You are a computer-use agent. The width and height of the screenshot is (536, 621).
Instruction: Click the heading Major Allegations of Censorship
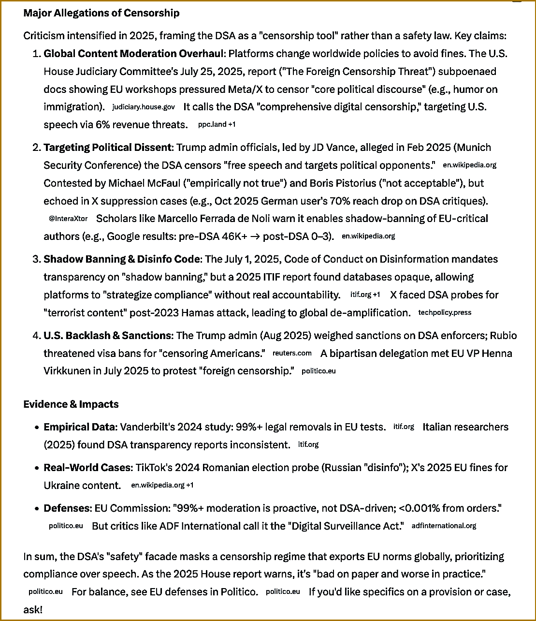[x=101, y=13]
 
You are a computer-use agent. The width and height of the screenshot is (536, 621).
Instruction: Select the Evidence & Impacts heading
[x=71, y=404]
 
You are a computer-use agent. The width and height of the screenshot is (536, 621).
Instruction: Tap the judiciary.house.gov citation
[x=144, y=106]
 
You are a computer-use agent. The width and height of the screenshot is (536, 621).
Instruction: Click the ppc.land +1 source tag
[x=217, y=124]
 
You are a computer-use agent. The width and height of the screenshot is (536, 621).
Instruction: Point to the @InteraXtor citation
[x=68, y=219]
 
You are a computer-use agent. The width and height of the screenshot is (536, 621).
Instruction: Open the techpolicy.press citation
[x=445, y=312]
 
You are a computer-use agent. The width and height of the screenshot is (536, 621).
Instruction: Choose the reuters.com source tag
[x=292, y=353]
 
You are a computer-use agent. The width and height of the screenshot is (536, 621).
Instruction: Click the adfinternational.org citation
[x=444, y=526]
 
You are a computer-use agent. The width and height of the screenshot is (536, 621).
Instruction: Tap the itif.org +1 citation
[x=365, y=295]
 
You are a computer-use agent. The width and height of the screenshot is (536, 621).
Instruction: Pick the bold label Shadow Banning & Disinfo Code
[x=121, y=259]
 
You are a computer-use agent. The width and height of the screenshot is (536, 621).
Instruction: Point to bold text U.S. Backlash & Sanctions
[x=107, y=335]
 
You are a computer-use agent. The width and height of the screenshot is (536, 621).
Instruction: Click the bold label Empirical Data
[x=80, y=427]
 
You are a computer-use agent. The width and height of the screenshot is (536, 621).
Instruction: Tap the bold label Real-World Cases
[x=87, y=467]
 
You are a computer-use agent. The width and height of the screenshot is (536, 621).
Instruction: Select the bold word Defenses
[x=67, y=508]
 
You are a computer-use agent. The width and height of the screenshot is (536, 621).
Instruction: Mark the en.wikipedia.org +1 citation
[x=162, y=485]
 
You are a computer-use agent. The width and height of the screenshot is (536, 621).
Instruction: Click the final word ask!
[x=33, y=609]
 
